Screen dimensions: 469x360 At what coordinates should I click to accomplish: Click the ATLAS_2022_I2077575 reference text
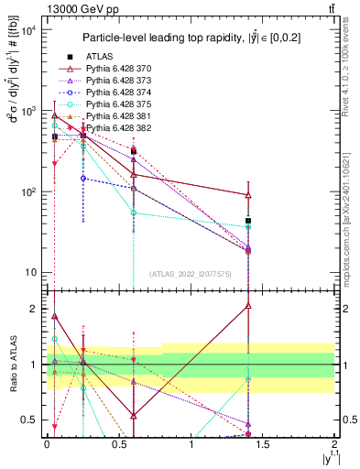coord(190,273)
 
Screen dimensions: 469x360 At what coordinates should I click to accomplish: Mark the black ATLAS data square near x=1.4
coord(249,221)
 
